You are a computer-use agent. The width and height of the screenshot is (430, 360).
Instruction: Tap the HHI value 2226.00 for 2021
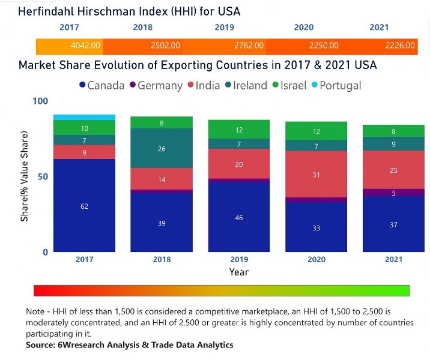coord(400,46)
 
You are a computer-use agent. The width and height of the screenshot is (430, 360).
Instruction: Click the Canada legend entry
coord(101,85)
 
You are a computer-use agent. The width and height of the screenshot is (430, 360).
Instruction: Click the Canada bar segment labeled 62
coord(84,206)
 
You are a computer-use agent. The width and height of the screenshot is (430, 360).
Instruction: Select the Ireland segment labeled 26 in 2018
coord(162,148)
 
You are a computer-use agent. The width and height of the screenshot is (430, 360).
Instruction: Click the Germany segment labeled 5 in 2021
coord(394,193)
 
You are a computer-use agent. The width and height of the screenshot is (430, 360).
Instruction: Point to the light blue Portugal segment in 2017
coord(84,117)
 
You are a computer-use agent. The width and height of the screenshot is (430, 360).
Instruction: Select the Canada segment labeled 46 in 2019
coord(239,217)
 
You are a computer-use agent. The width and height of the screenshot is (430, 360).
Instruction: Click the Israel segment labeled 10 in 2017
coord(84,128)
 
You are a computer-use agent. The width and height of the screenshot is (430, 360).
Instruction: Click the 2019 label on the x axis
coord(239,259)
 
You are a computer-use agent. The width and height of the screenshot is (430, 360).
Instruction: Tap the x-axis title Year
coord(239,272)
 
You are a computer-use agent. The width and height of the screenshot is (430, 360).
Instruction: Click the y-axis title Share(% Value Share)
coord(25,177)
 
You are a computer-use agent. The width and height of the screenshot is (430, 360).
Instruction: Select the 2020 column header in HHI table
coord(303,28)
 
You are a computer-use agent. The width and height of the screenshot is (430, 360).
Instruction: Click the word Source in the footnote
coord(40,345)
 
